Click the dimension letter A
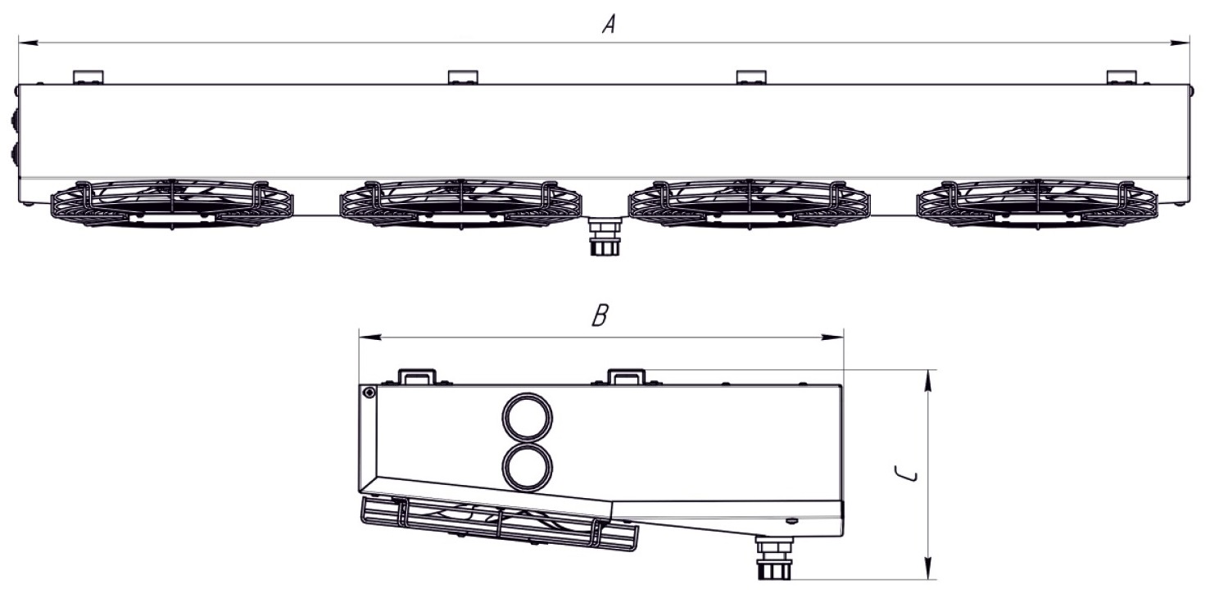609,25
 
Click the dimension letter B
600,315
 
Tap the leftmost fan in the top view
172,204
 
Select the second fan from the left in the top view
460,204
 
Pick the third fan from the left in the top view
750,204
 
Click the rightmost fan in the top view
1038,204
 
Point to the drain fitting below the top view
605,236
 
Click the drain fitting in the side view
774,558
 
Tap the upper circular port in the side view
528,418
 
